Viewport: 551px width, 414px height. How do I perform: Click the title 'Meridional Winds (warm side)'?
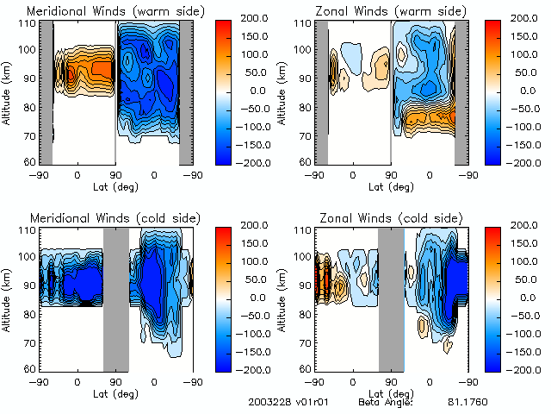pyautogui.click(x=103, y=11)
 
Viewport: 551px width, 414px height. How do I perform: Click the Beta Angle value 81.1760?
pyautogui.click(x=466, y=403)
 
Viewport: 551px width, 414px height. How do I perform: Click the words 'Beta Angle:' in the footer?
pyautogui.click(x=386, y=403)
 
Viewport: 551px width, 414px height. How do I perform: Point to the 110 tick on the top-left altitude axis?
pyautogui.click(x=31, y=23)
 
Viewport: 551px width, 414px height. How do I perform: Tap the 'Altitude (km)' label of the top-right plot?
pyautogui.click(x=282, y=92)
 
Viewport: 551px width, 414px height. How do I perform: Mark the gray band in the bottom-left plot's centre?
pyautogui.click(x=116, y=300)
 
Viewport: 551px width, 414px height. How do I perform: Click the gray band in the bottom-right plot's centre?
pyautogui.click(x=392, y=300)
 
